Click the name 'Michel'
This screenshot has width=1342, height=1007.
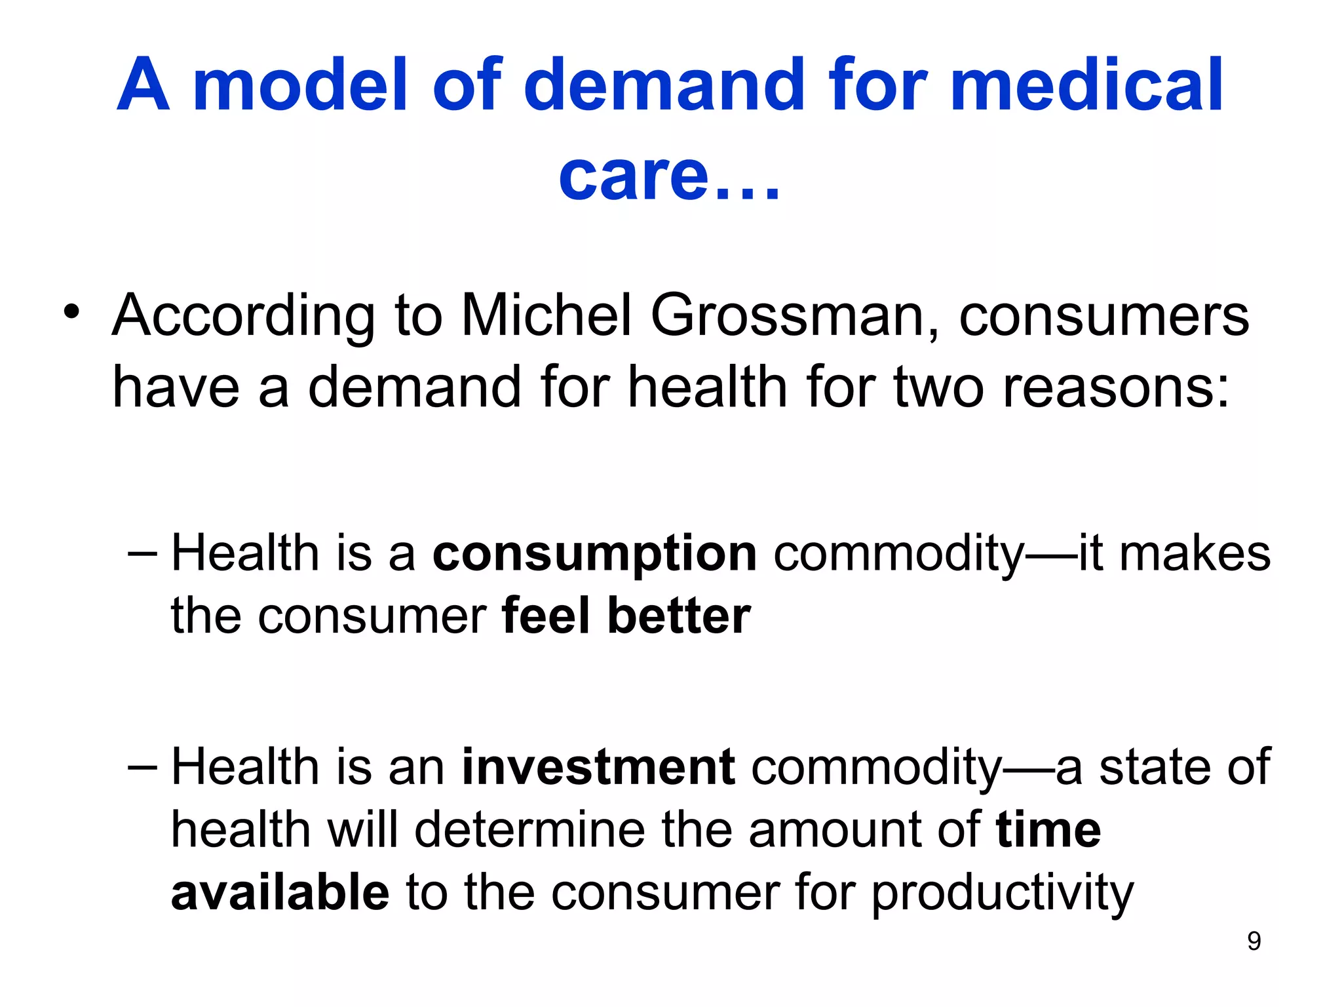tap(546, 315)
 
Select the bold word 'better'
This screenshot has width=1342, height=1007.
tap(679, 616)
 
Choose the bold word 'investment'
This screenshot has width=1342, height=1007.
tap(598, 766)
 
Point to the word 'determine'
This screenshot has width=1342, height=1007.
tap(529, 830)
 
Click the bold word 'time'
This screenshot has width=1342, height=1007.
tap(1048, 830)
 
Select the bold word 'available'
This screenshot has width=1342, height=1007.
tap(280, 893)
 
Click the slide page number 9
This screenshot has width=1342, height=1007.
tap(1254, 941)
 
